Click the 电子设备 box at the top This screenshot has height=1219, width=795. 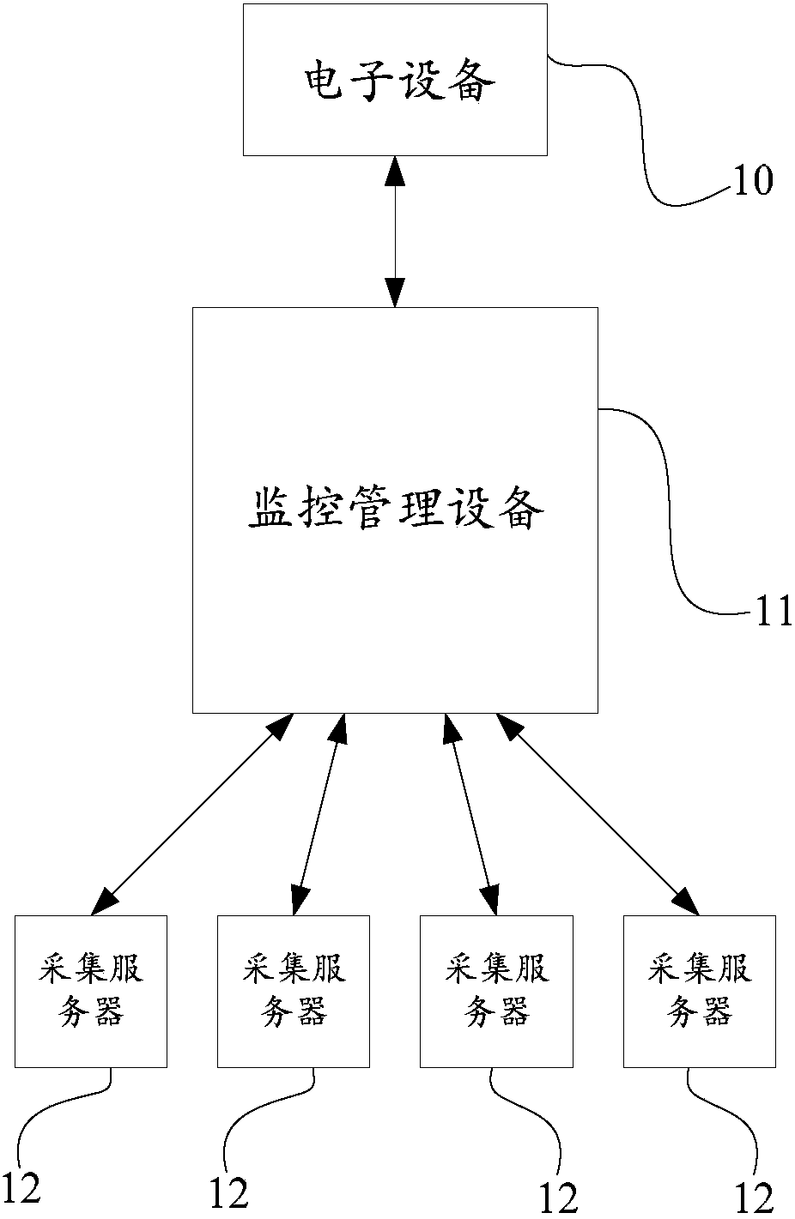click(395, 80)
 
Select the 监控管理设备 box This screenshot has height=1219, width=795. click(395, 510)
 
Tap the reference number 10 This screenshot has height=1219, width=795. click(753, 181)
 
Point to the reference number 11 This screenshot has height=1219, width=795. click(773, 613)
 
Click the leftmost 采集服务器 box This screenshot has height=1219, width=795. click(91, 991)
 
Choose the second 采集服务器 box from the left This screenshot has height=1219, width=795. click(294, 991)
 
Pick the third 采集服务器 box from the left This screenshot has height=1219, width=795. click(496, 991)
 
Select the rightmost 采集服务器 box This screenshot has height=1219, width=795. click(699, 991)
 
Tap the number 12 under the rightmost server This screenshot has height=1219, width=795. click(753, 1197)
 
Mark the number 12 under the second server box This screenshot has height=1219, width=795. click(228, 1192)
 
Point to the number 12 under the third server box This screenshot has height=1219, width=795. click(558, 1198)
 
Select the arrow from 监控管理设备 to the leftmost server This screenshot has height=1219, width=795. click(192, 812)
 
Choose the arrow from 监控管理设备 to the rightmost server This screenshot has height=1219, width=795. click(598, 812)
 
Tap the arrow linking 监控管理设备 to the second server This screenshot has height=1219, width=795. click(319, 812)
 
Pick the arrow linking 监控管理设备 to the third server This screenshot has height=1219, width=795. click(470, 812)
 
